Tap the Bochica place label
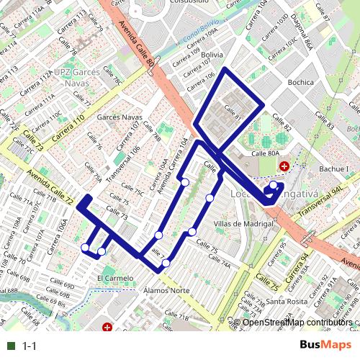300,82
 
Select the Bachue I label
333,168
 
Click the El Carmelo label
115,276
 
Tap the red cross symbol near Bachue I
284,166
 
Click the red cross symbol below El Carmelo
107,328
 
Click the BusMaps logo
325,346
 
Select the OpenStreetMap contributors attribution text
297,323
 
